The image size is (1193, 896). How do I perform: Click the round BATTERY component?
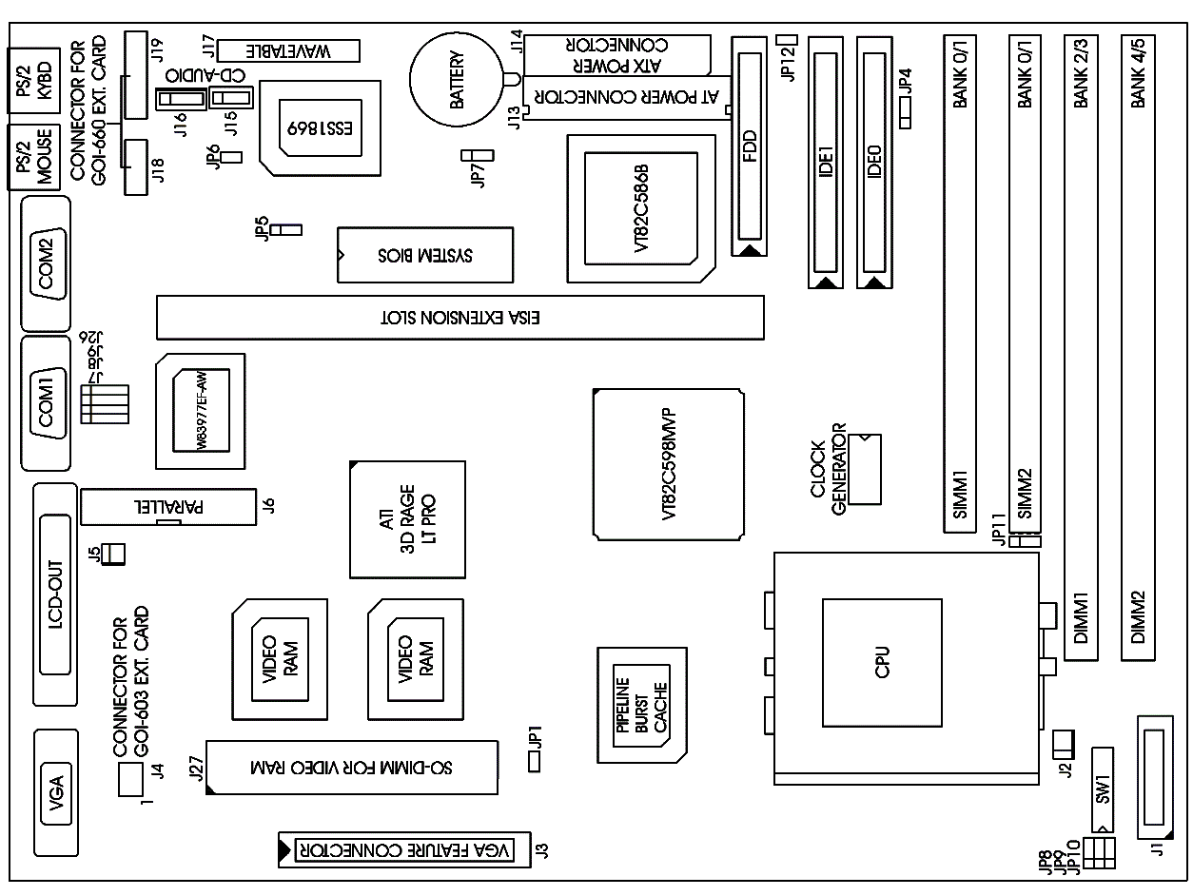click(x=456, y=80)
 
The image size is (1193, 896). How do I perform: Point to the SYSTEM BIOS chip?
click(x=425, y=255)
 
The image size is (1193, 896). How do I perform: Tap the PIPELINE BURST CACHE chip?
click(x=641, y=704)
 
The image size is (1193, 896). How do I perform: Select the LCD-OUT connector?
click(x=55, y=594)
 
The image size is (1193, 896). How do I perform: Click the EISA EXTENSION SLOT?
click(x=460, y=317)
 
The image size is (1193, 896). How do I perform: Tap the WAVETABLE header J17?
click(x=288, y=50)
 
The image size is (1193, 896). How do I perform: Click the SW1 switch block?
click(x=1103, y=788)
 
